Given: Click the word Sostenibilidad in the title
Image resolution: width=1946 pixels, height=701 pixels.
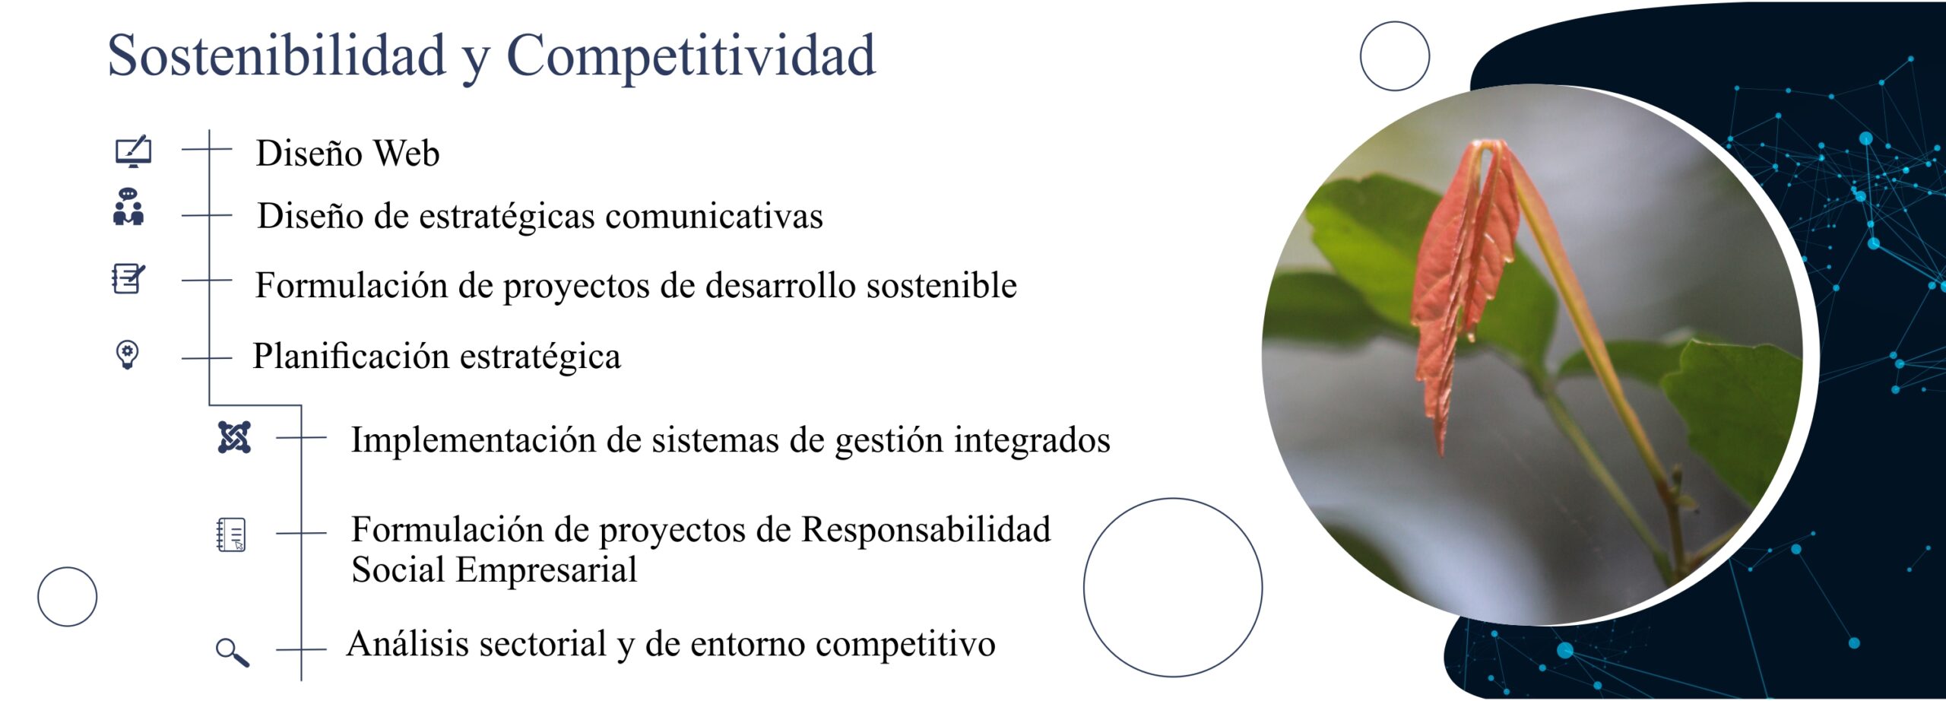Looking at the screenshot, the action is pyautogui.click(x=277, y=56).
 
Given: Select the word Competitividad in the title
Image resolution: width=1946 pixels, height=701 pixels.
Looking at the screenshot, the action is pyautogui.click(x=691, y=56).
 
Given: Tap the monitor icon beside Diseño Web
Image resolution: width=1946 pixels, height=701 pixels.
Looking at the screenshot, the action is pyautogui.click(x=133, y=152).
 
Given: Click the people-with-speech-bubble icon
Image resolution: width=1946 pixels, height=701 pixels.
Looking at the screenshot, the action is pyautogui.click(x=128, y=207).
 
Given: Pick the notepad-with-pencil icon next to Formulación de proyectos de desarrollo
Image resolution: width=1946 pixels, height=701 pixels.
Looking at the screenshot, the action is pyautogui.click(x=128, y=278).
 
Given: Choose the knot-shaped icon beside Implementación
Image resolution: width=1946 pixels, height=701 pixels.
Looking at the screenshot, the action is pyautogui.click(x=234, y=437).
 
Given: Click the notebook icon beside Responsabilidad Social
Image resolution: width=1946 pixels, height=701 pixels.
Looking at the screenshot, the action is pyautogui.click(x=231, y=534).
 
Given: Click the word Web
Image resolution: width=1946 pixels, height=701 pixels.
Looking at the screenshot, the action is pyautogui.click(x=407, y=154).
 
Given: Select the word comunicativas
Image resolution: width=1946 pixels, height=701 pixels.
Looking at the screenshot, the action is pyautogui.click(x=714, y=216).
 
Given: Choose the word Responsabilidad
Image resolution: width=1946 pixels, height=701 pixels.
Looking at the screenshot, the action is pyautogui.click(x=926, y=530).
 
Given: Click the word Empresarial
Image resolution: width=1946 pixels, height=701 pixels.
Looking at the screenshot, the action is pyautogui.click(x=546, y=571).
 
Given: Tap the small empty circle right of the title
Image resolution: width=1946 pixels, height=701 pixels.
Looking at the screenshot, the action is pyautogui.click(x=1394, y=56).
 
